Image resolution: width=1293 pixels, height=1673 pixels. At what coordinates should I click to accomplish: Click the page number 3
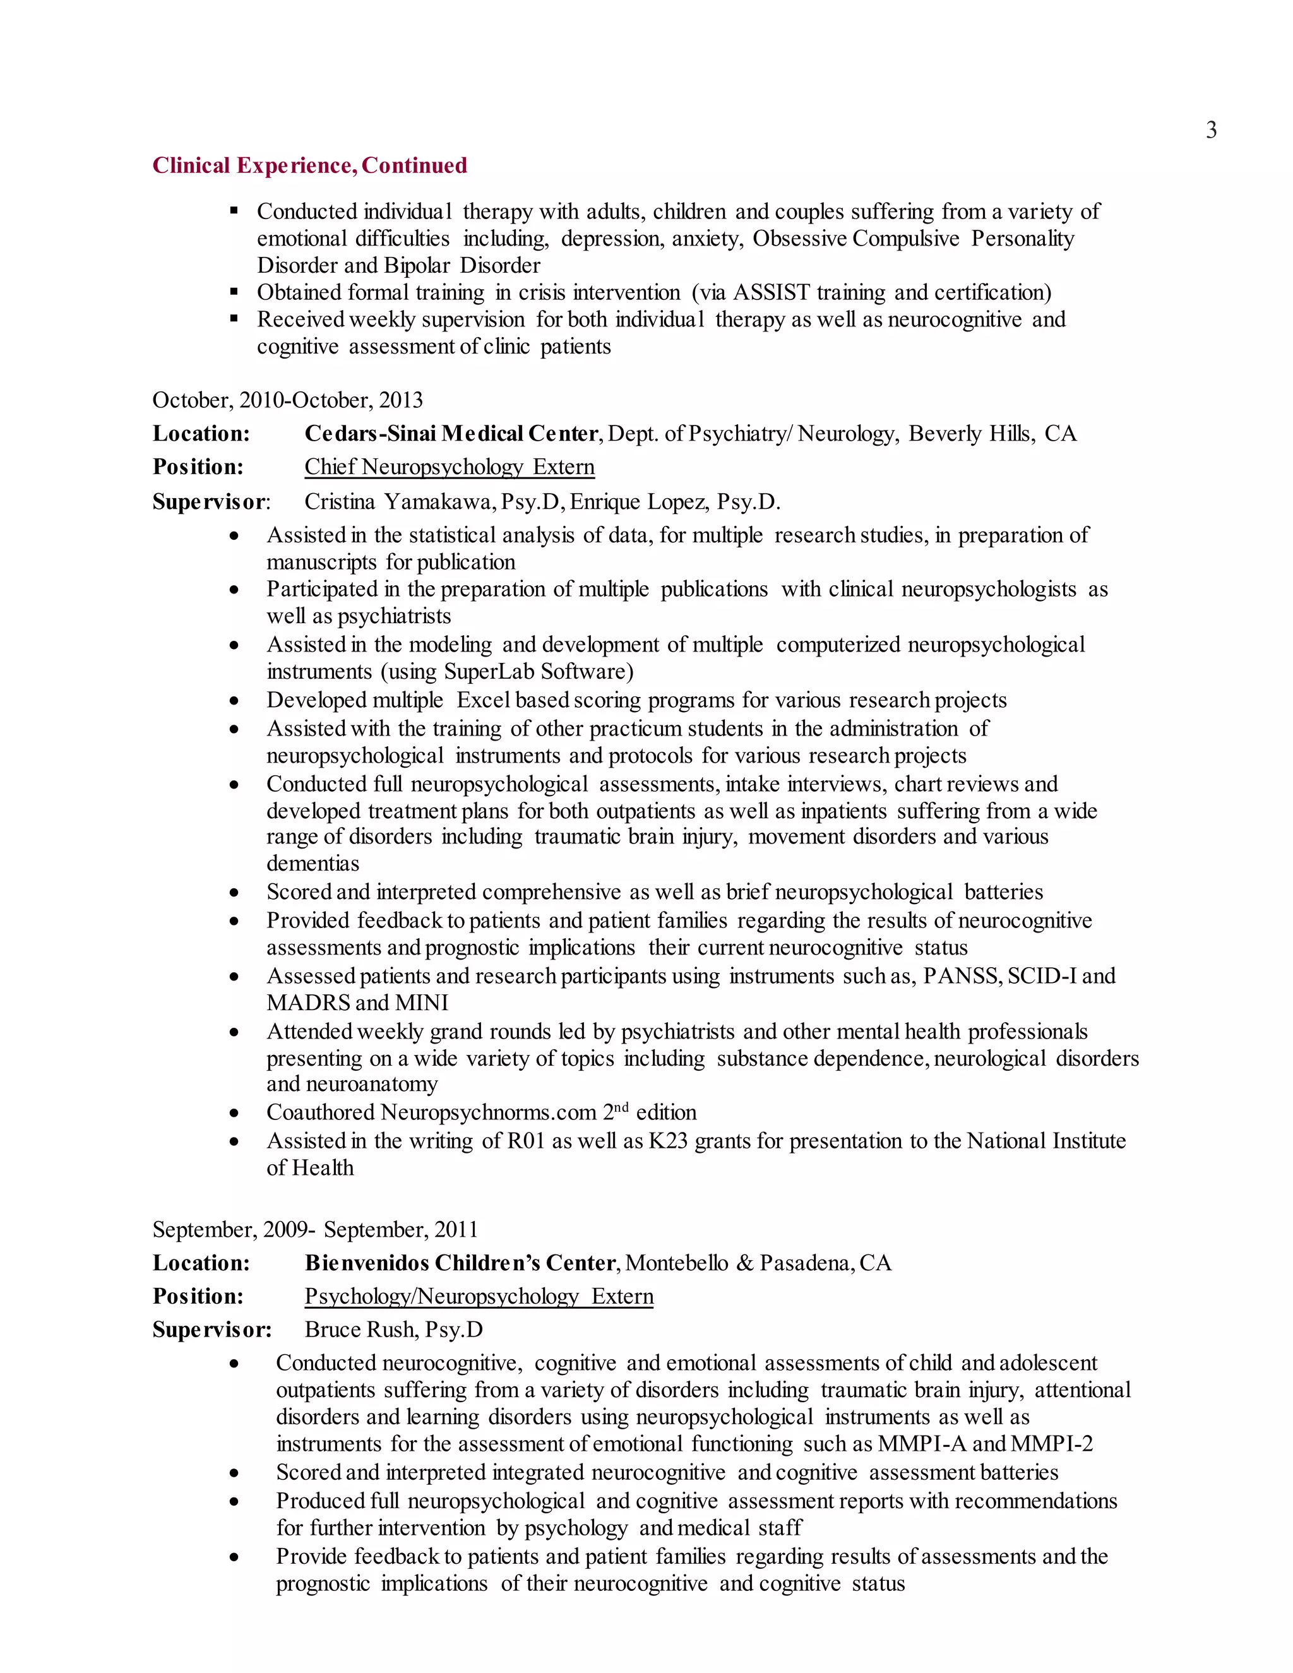tap(1211, 130)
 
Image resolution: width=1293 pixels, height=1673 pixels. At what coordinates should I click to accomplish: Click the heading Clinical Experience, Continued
tap(309, 165)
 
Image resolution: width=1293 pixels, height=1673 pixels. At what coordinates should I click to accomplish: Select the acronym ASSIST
tap(771, 293)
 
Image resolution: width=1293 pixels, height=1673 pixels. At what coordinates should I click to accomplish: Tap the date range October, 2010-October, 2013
tap(287, 400)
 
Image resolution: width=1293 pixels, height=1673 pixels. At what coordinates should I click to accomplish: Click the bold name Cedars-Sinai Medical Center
tap(450, 434)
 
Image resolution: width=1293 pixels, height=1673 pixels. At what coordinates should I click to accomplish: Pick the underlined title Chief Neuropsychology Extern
tap(449, 467)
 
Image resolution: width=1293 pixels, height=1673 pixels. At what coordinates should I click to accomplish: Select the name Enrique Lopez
tap(640, 502)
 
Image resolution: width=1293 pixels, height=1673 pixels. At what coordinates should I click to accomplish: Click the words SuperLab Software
tap(539, 672)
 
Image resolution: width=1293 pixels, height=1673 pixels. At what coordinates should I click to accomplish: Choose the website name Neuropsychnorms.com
tap(488, 1112)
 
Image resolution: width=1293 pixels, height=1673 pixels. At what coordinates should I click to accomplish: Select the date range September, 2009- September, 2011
tap(315, 1229)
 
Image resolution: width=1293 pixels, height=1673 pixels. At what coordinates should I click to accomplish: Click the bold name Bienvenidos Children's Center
tap(460, 1263)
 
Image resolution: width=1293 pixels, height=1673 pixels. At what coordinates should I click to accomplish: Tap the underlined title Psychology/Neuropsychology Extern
tap(479, 1296)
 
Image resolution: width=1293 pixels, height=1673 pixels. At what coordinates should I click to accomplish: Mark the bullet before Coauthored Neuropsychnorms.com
tap(234, 1114)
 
